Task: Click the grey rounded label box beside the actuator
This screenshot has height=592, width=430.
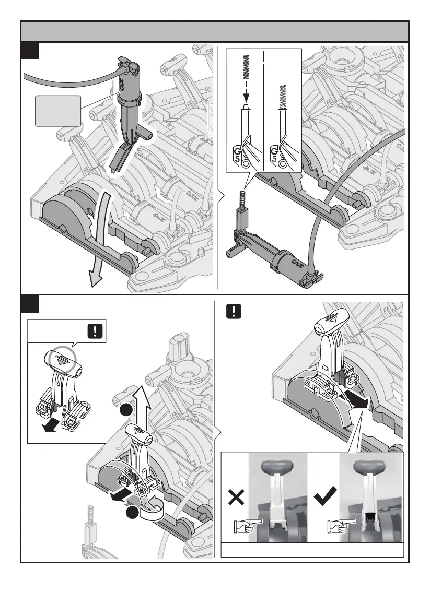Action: click(57, 111)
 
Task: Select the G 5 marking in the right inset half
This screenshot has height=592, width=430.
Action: click(274, 155)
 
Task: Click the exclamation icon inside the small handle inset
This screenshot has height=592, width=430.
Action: click(95, 331)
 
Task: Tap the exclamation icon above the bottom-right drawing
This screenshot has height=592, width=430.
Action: click(233, 312)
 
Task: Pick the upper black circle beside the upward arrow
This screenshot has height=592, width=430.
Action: click(125, 411)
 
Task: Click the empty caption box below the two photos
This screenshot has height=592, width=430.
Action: click(312, 550)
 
